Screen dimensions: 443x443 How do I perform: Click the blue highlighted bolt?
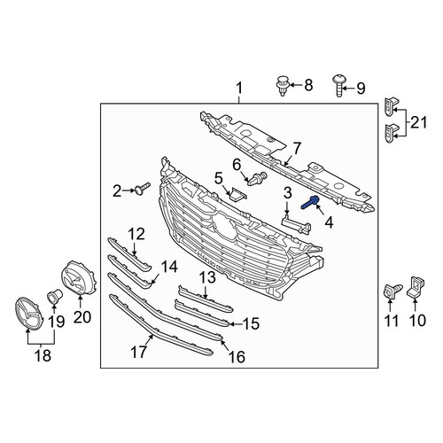pyautogui.click(x=310, y=202)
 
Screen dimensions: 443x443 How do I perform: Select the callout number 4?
pyautogui.click(x=329, y=222)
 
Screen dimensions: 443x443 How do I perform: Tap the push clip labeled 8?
pyautogui.click(x=283, y=86)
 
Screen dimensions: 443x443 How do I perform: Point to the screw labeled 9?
pyautogui.click(x=338, y=86)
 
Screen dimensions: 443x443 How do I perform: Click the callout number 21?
pyautogui.click(x=419, y=122)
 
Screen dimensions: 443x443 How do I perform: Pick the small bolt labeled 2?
pyautogui.click(x=143, y=189)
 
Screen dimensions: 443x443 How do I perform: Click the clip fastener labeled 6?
pyautogui.click(x=258, y=179)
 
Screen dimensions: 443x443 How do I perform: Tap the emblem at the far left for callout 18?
pyautogui.click(x=29, y=314)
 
